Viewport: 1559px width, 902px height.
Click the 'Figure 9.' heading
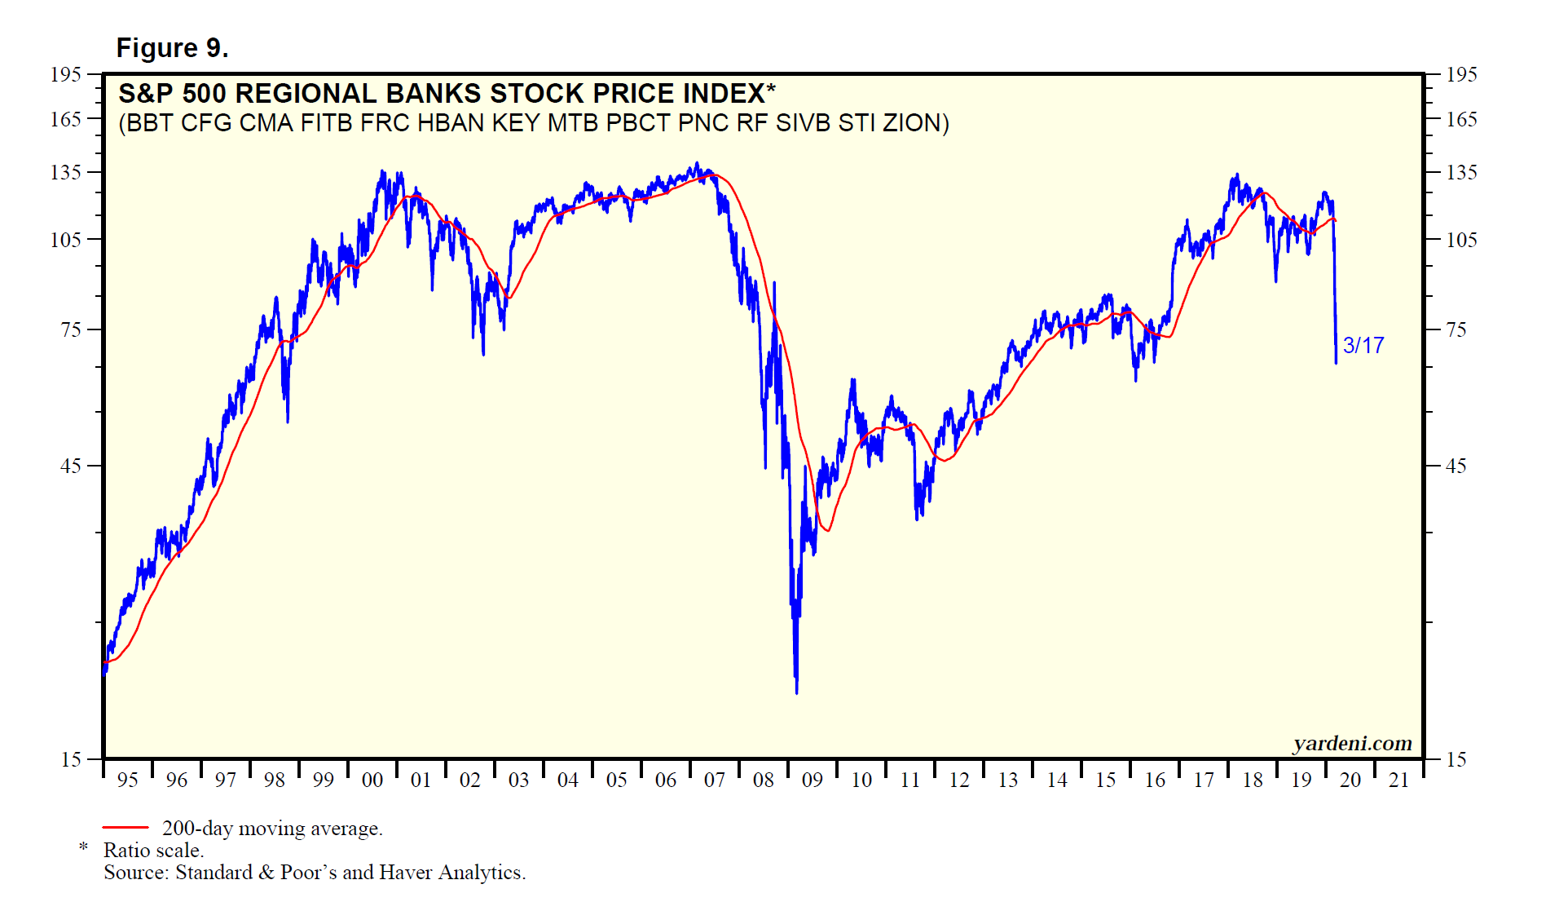point(172,48)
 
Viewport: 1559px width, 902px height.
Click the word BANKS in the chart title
point(434,94)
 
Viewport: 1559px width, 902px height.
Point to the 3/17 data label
point(1363,346)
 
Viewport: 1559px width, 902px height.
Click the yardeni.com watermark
point(1352,743)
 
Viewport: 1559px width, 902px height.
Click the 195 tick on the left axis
point(66,75)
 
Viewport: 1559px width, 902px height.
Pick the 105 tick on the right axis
point(1461,240)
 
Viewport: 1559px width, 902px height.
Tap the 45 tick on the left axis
point(71,466)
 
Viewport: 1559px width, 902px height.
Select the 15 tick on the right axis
point(1456,760)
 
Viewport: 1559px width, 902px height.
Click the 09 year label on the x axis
point(813,780)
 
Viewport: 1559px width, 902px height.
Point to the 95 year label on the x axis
point(128,780)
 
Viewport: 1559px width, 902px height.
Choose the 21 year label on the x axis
point(1399,780)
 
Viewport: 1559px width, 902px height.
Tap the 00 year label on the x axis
point(372,780)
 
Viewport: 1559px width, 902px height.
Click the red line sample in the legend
point(126,828)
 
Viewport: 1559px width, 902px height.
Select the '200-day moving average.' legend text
point(272,829)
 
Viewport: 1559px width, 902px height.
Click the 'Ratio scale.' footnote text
point(153,851)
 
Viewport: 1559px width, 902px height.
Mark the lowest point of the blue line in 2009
point(796,692)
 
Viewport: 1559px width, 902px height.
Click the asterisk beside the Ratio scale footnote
point(83,848)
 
